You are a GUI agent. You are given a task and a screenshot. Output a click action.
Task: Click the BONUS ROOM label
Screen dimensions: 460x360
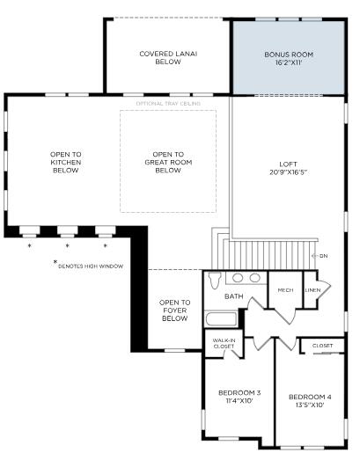288,55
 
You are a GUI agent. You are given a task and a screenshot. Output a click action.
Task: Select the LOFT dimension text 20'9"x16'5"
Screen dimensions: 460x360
288,172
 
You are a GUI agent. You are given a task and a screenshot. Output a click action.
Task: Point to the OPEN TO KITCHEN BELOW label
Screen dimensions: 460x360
65,163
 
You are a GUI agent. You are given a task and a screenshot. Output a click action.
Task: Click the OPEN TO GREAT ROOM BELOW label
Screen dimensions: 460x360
167,163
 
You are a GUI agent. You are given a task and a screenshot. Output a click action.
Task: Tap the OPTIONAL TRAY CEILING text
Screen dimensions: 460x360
167,104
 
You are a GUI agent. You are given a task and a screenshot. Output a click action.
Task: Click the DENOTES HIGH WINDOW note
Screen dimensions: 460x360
90,266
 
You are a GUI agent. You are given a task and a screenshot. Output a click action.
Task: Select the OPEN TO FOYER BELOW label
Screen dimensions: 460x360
173,310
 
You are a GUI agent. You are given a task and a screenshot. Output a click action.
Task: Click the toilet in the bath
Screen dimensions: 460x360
214,281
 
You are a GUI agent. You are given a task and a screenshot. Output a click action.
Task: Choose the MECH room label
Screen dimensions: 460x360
285,289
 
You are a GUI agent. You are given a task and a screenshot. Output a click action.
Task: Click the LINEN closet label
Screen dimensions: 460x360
312,289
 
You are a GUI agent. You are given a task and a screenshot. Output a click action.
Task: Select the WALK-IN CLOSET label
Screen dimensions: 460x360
223,344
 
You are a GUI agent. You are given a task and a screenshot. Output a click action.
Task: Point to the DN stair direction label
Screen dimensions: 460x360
322,255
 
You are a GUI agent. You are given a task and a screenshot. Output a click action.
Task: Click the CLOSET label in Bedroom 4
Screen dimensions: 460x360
322,346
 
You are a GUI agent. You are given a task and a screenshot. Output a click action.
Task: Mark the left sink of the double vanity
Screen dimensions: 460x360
239,277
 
